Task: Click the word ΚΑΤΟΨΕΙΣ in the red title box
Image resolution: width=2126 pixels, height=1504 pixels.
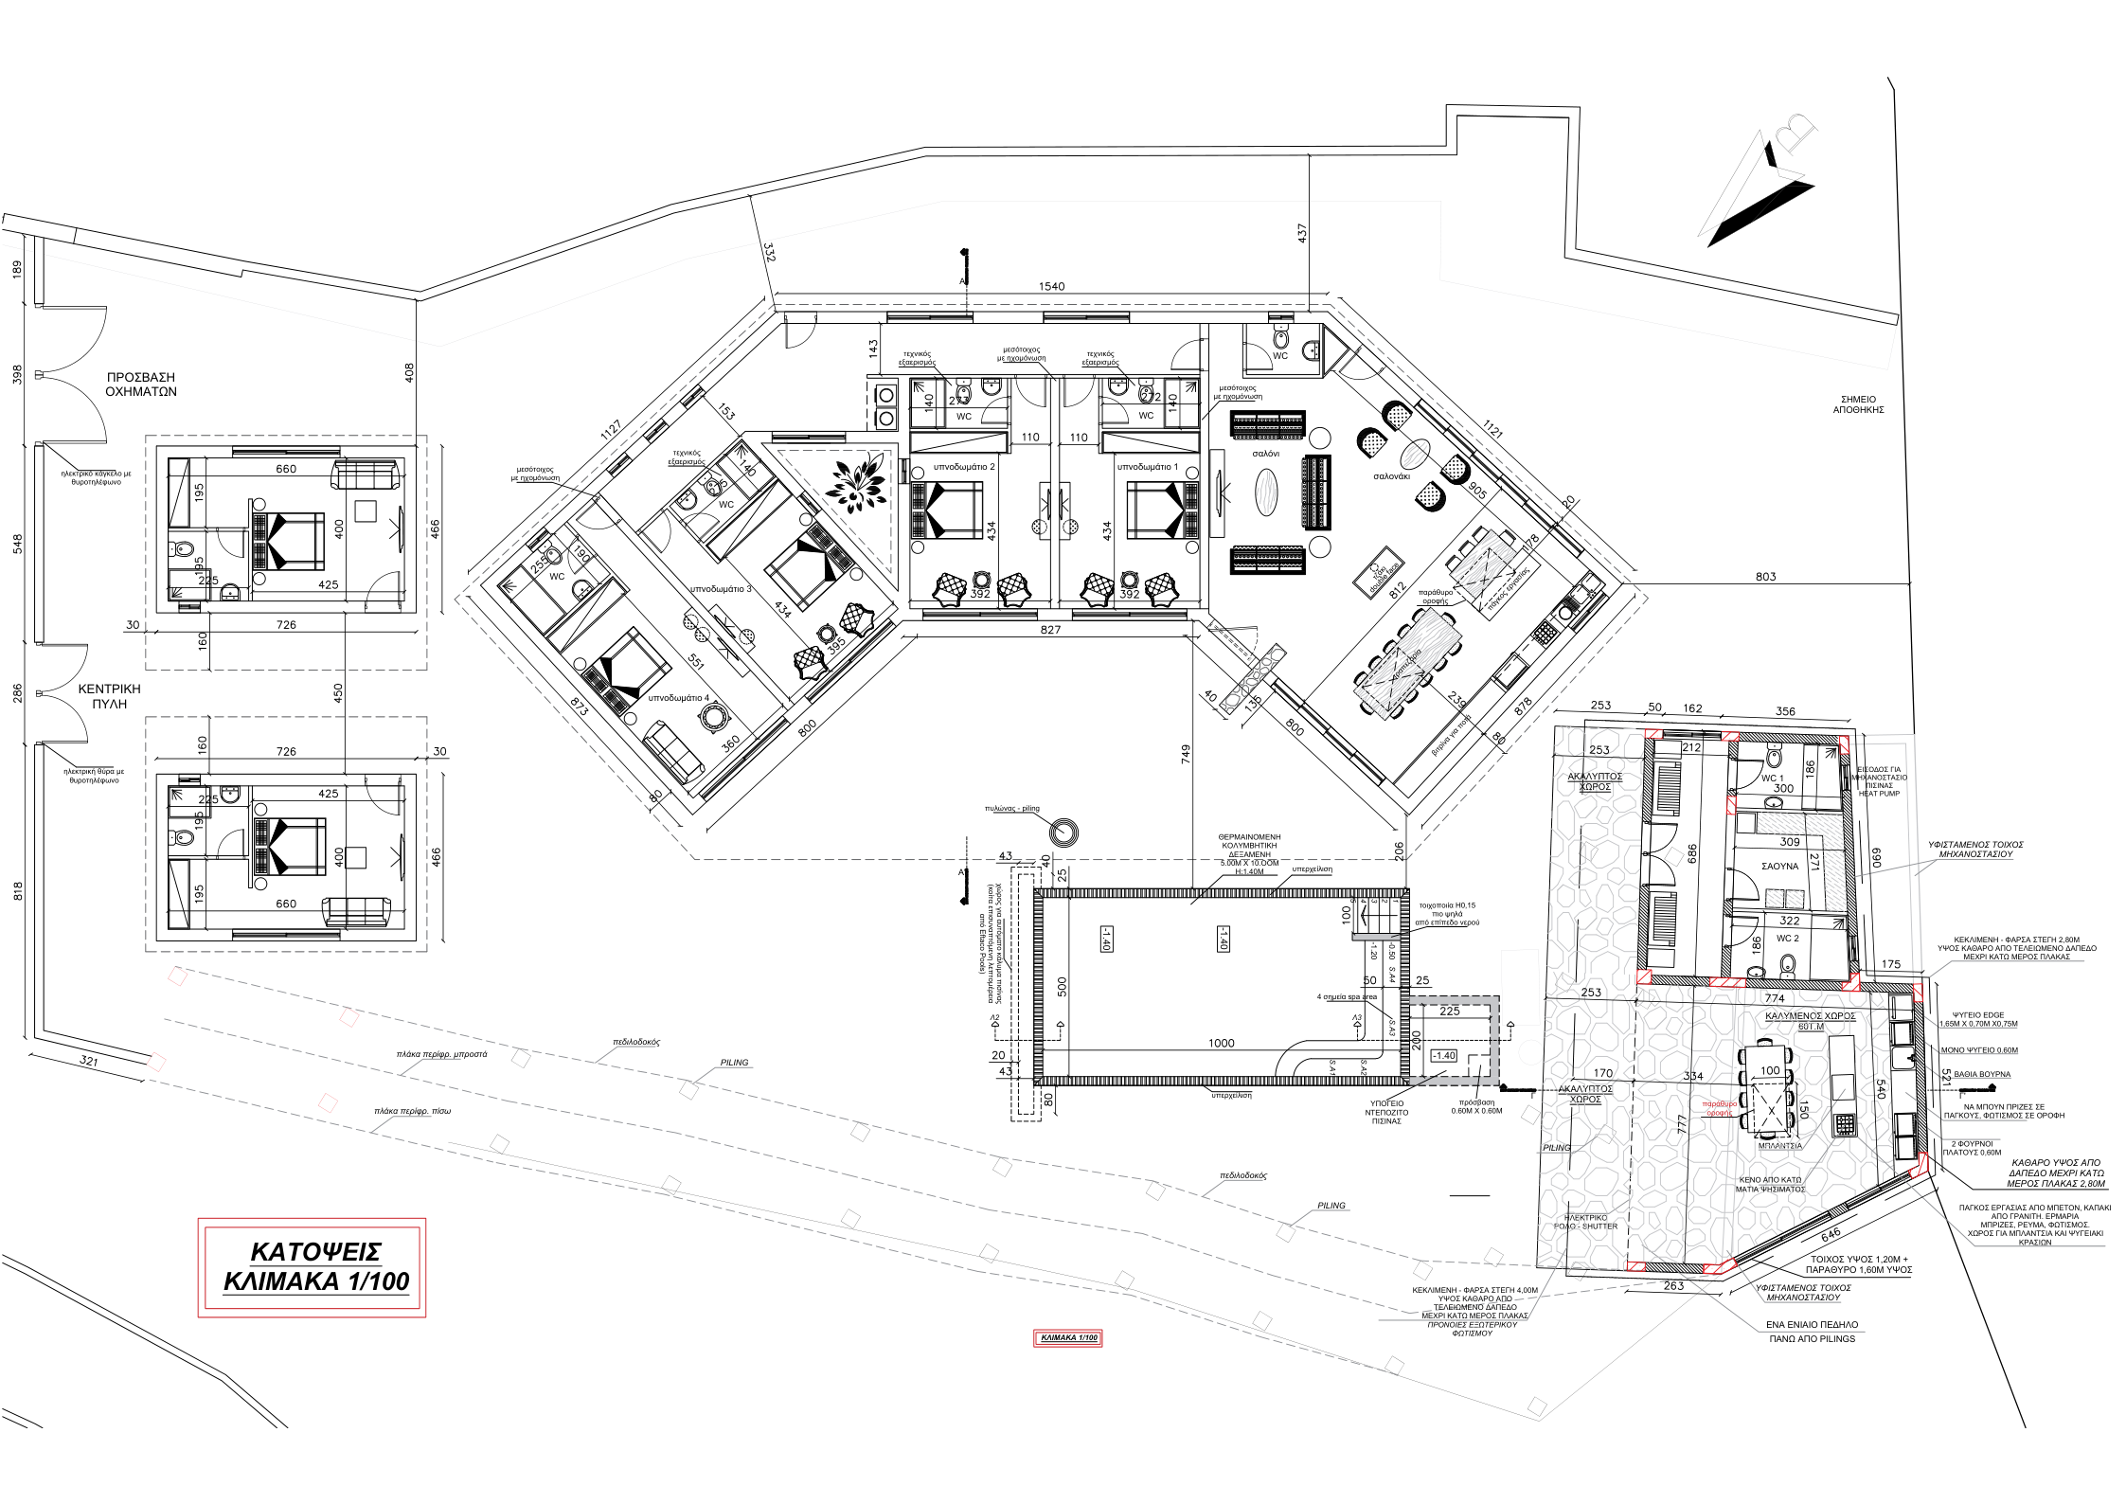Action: [x=315, y=1251]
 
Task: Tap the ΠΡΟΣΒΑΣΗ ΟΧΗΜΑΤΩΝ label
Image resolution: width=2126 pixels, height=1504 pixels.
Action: [x=140, y=385]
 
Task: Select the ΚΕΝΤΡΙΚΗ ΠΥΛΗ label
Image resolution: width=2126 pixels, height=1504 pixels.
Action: [x=109, y=696]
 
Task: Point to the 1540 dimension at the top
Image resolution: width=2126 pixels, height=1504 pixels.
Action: [x=1051, y=286]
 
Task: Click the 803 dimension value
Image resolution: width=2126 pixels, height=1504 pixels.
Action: [x=1765, y=576]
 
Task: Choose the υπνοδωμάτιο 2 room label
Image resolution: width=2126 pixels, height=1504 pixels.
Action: [x=963, y=467]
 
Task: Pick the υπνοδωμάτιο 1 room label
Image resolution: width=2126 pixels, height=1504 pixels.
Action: [x=1147, y=467]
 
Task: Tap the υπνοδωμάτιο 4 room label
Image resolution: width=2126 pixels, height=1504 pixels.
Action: [x=678, y=698]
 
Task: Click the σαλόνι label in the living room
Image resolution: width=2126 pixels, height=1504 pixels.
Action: [x=1265, y=454]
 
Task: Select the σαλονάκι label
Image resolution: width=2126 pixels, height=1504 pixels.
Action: [x=1391, y=476]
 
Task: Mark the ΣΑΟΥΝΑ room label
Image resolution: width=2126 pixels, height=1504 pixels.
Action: [x=1779, y=866]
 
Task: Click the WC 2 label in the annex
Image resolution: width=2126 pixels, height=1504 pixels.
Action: [x=1787, y=938]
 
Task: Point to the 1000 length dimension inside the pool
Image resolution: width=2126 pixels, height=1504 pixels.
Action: [x=1221, y=1043]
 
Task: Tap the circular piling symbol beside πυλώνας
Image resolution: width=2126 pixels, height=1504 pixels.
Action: [x=1064, y=832]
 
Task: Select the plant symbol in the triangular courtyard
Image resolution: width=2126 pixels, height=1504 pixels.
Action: [x=855, y=482]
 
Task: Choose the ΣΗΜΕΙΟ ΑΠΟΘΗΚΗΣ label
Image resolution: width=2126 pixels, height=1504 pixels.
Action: [x=1858, y=404]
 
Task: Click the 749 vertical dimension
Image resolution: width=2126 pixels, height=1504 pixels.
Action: [x=1186, y=754]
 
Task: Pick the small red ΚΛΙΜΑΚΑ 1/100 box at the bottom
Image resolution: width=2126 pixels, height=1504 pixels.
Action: [x=1068, y=1337]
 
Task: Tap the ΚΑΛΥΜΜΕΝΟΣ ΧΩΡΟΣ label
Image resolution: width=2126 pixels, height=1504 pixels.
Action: [x=1810, y=1015]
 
